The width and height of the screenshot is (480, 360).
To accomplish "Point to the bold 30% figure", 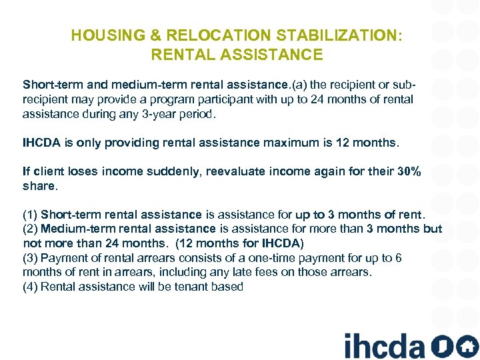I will [x=409, y=171].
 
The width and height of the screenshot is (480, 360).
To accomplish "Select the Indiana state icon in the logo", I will [x=440, y=346].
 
